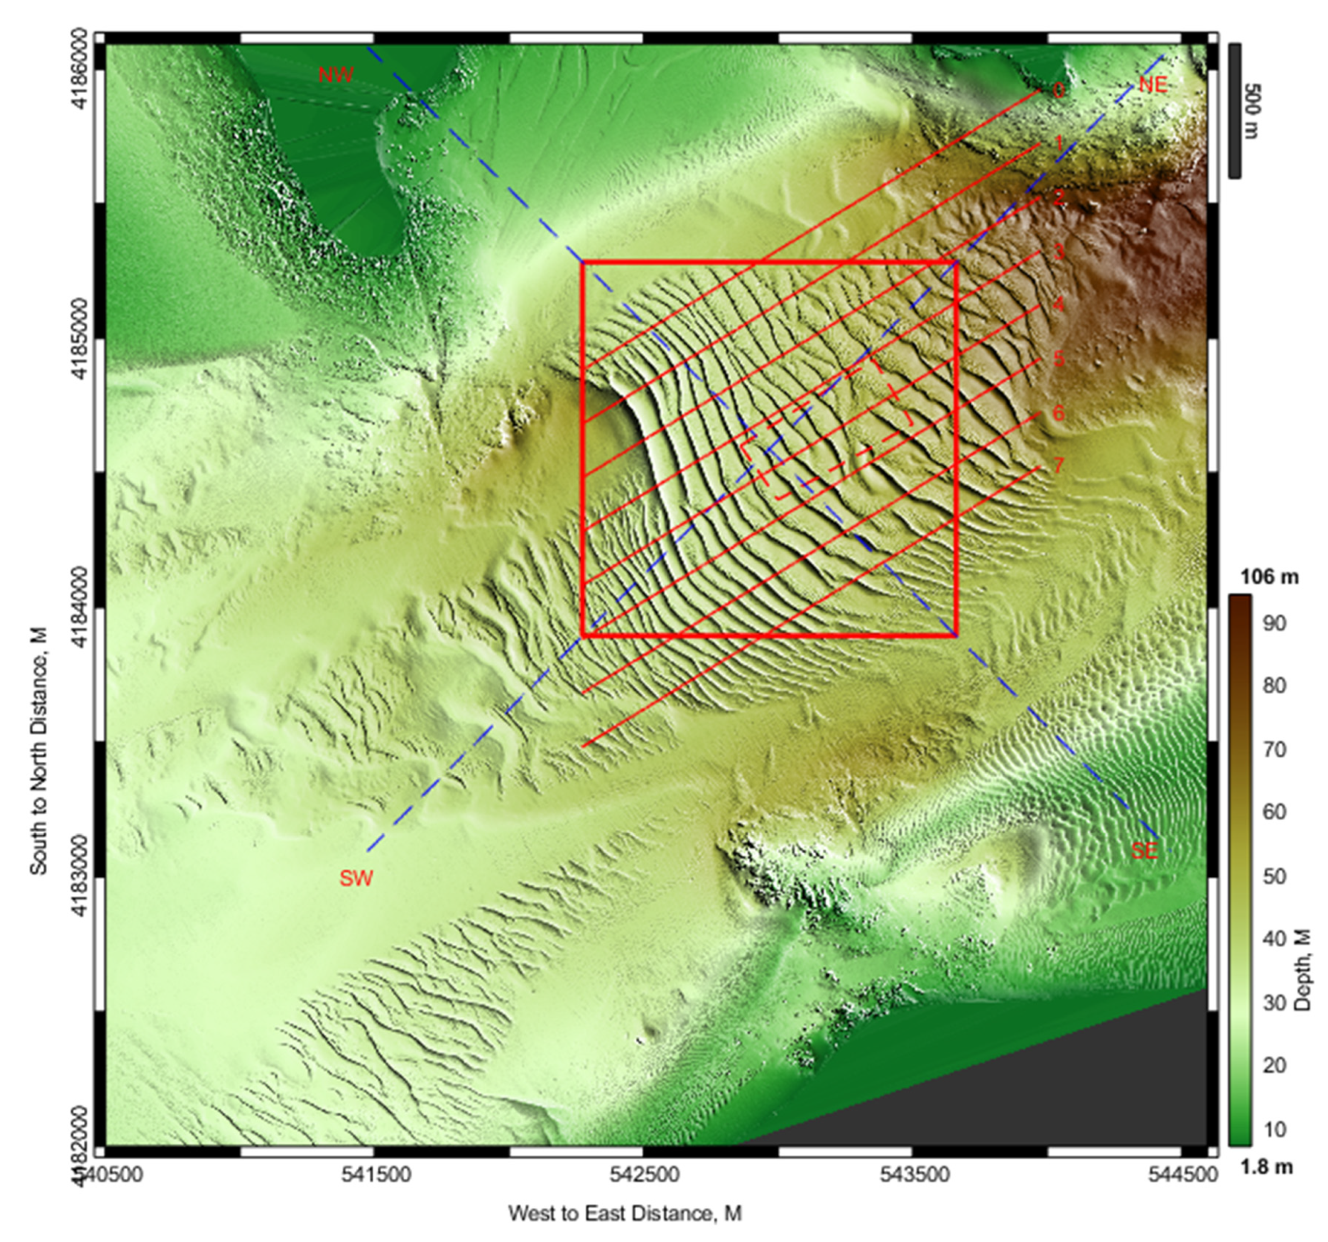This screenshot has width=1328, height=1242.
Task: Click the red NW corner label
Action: pyautogui.click(x=335, y=75)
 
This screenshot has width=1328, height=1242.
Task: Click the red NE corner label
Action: pyautogui.click(x=1152, y=85)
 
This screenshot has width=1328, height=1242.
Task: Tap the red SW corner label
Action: pyautogui.click(x=355, y=878)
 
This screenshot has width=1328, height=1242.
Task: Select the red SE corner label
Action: pyautogui.click(x=1144, y=851)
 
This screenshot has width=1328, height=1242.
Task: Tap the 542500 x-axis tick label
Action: pyautogui.click(x=643, y=1174)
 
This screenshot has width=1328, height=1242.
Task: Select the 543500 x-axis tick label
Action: pyautogui.click(x=913, y=1174)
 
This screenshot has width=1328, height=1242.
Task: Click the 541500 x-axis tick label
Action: pyautogui.click(x=374, y=1174)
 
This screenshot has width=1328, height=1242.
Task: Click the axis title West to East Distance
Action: pyautogui.click(x=625, y=1212)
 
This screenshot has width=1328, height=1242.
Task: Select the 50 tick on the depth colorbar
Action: pyautogui.click(x=1275, y=876)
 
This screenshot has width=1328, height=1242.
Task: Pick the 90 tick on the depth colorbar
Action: pyautogui.click(x=1275, y=624)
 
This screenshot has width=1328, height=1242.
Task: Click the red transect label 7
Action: pyautogui.click(x=1058, y=465)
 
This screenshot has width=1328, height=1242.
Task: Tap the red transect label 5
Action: pyautogui.click(x=1058, y=359)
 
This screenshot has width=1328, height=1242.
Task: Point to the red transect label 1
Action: pyautogui.click(x=1058, y=143)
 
